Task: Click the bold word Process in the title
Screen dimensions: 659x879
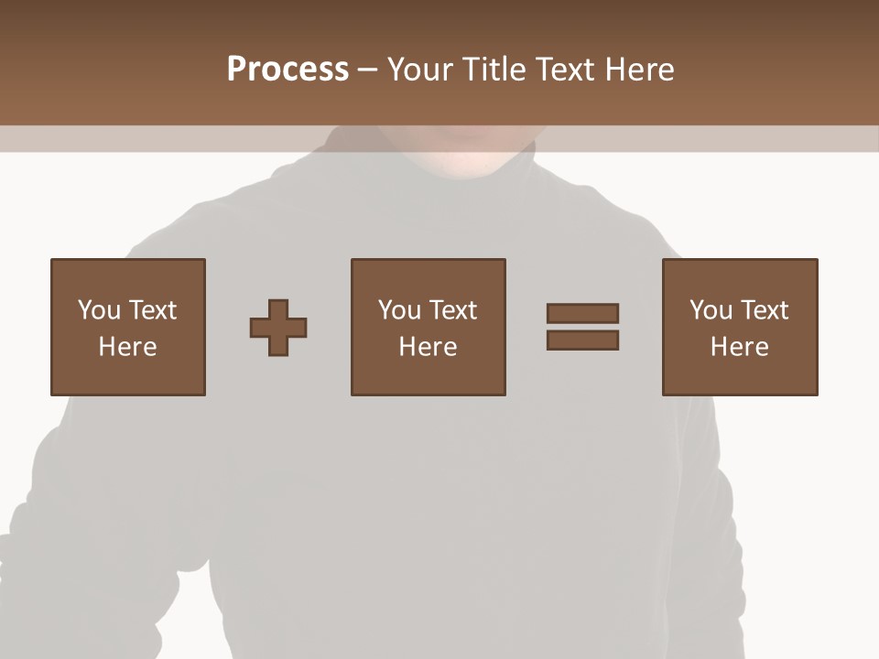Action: point(288,70)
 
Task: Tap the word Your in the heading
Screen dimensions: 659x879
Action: point(421,70)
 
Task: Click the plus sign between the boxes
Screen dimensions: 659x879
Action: point(278,328)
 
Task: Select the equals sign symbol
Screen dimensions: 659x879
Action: point(582,327)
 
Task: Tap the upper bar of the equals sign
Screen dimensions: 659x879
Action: point(582,314)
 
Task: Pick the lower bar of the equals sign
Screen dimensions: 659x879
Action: point(582,340)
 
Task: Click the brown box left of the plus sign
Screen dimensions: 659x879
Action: point(128,327)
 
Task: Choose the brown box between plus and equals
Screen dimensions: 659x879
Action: point(429,327)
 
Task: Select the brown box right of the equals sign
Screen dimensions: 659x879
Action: point(740,327)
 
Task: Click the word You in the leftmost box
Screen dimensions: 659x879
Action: point(99,310)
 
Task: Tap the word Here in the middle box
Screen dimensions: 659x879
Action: point(429,347)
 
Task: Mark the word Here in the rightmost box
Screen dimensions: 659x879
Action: point(740,347)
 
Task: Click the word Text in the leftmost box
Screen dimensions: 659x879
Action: point(152,310)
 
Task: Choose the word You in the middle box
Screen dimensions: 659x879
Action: point(399,310)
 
